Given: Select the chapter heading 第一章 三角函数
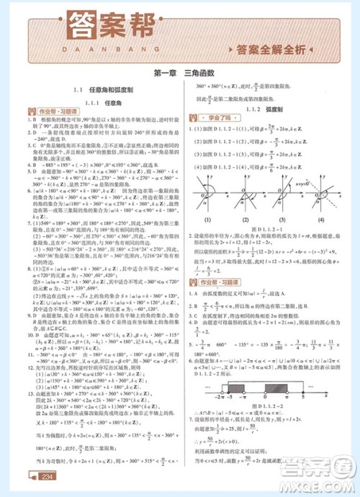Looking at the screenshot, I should click(x=180, y=73).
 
